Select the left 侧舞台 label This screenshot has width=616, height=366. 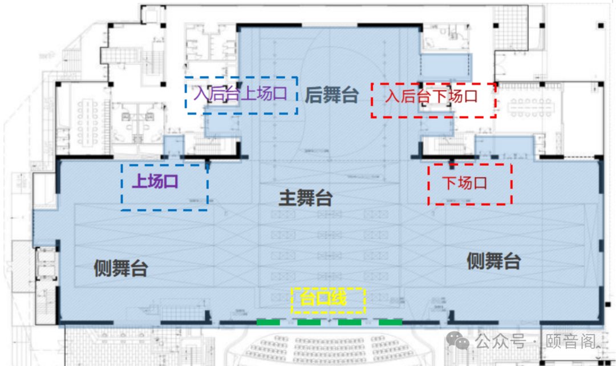121,267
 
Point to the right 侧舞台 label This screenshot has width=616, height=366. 493,261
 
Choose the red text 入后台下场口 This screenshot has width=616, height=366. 431,96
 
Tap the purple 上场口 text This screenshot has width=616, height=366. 155,182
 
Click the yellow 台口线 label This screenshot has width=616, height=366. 323,298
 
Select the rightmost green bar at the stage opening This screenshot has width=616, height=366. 391,323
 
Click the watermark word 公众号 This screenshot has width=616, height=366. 500,341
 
